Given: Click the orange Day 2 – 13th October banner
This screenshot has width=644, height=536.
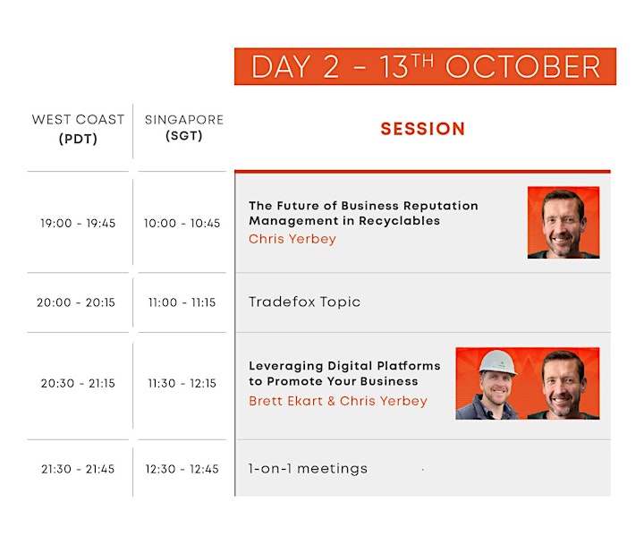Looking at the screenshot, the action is [x=425, y=66].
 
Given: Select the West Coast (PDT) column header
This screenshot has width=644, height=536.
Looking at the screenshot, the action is [x=78, y=129].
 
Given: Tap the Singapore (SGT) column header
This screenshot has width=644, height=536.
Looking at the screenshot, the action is [x=184, y=127].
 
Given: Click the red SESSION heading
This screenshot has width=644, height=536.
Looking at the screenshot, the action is [x=422, y=129].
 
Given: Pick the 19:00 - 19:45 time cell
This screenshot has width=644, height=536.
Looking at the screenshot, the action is [x=78, y=223].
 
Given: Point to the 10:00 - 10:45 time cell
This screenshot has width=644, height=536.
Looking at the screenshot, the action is [x=182, y=223].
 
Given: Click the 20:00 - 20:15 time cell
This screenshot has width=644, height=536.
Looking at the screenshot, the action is [x=76, y=302].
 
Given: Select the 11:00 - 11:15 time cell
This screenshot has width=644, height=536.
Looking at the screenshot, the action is [x=182, y=302].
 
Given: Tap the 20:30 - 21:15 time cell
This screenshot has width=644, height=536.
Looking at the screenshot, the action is [x=78, y=384].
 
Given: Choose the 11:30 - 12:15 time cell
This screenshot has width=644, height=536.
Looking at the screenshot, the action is [x=182, y=384].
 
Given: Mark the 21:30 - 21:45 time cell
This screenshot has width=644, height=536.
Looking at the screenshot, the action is [x=78, y=469].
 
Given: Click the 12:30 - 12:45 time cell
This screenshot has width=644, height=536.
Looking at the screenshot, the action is [x=182, y=469].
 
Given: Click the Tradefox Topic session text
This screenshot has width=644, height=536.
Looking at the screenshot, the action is [x=304, y=302].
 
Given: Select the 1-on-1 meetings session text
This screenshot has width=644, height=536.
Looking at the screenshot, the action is [x=308, y=469].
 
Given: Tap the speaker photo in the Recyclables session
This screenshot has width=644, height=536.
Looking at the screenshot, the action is [x=563, y=223].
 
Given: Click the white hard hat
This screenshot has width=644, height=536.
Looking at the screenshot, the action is [x=497, y=362].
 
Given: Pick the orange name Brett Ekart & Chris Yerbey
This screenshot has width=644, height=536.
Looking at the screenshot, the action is [x=338, y=401].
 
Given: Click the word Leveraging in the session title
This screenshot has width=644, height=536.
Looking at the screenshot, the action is [x=286, y=366].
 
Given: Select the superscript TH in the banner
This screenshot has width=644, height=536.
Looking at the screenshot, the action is [x=422, y=61].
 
